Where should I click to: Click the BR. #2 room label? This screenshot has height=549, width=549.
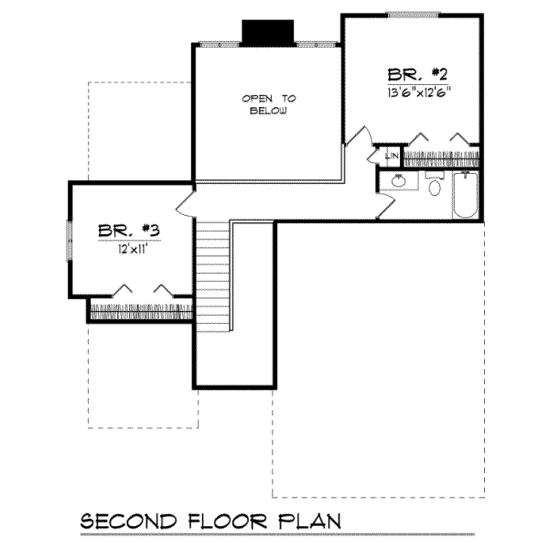[417, 75]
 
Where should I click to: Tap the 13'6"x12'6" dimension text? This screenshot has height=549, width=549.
[419, 92]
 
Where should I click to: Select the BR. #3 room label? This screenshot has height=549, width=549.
[129, 231]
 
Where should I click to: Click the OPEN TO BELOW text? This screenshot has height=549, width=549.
[269, 104]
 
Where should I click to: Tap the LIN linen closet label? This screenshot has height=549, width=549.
[392, 156]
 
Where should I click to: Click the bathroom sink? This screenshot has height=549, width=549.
[398, 181]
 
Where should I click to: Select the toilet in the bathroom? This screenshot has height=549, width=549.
[435, 185]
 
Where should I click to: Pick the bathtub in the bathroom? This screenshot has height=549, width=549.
[466, 195]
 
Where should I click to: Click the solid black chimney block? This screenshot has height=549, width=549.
[268, 33]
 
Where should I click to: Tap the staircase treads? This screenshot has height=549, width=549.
[212, 276]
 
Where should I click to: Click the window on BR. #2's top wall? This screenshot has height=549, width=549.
[414, 15]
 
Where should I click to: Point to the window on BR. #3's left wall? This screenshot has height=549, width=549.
[70, 241]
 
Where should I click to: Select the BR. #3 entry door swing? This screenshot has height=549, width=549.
[185, 205]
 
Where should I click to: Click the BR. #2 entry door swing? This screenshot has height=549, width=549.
[359, 135]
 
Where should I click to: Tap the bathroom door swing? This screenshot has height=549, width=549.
[386, 206]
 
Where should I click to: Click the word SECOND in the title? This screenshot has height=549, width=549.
[128, 522]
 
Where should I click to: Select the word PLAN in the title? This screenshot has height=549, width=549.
[309, 522]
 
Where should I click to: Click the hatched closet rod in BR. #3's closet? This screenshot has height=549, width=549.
[142, 312]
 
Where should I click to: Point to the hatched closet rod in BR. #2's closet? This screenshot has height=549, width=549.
[442, 159]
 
